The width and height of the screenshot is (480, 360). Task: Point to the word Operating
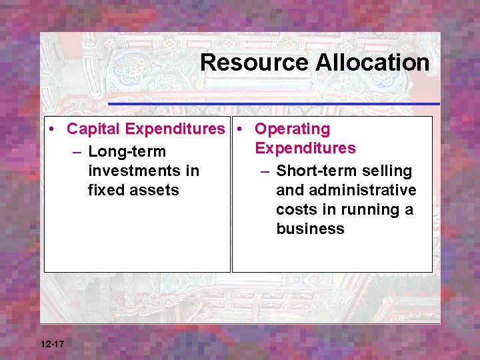click(x=293, y=128)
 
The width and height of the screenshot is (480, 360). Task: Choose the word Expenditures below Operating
click(x=305, y=147)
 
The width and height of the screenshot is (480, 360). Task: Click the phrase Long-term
click(x=127, y=152)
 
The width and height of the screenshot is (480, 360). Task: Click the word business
click(x=310, y=229)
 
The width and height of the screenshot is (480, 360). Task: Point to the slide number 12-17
click(x=52, y=344)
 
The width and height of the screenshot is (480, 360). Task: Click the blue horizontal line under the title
click(x=273, y=104)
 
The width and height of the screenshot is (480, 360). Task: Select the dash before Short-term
click(x=265, y=171)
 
